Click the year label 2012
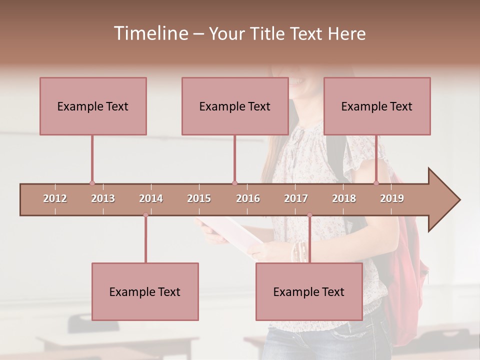coord(55,199)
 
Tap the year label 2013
coord(103,199)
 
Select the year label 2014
coord(151,199)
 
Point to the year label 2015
coord(199,199)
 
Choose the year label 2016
coord(248,199)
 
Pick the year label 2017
coord(296,199)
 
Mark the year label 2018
coord(344,199)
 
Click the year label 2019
coord(392,199)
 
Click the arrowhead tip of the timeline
coord(458,200)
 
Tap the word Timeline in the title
coord(150,33)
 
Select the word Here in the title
coord(346,33)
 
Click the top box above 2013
coord(93,106)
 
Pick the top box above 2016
coord(235,106)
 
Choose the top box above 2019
coord(377,106)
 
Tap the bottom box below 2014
coord(145,291)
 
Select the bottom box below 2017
coord(309,291)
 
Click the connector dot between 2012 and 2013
coord(92,183)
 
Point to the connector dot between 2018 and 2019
coord(376,183)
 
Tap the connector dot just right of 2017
coord(309,215)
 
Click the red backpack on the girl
coord(407,260)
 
